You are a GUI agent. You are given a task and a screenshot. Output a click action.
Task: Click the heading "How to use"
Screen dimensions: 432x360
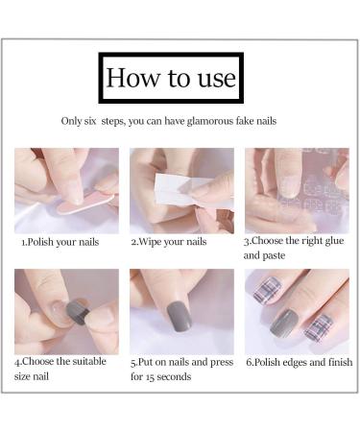tap(171, 78)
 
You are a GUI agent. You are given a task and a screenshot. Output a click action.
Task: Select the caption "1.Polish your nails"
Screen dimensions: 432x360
tap(60, 243)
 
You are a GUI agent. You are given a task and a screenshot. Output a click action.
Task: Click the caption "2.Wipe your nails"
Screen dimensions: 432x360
tap(169, 243)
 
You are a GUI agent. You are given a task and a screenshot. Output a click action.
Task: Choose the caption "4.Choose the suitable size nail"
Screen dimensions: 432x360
tap(60, 370)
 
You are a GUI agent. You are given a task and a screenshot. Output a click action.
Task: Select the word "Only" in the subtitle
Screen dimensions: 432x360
tap(72, 122)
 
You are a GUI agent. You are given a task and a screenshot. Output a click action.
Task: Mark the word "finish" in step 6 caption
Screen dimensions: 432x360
tap(332, 363)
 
